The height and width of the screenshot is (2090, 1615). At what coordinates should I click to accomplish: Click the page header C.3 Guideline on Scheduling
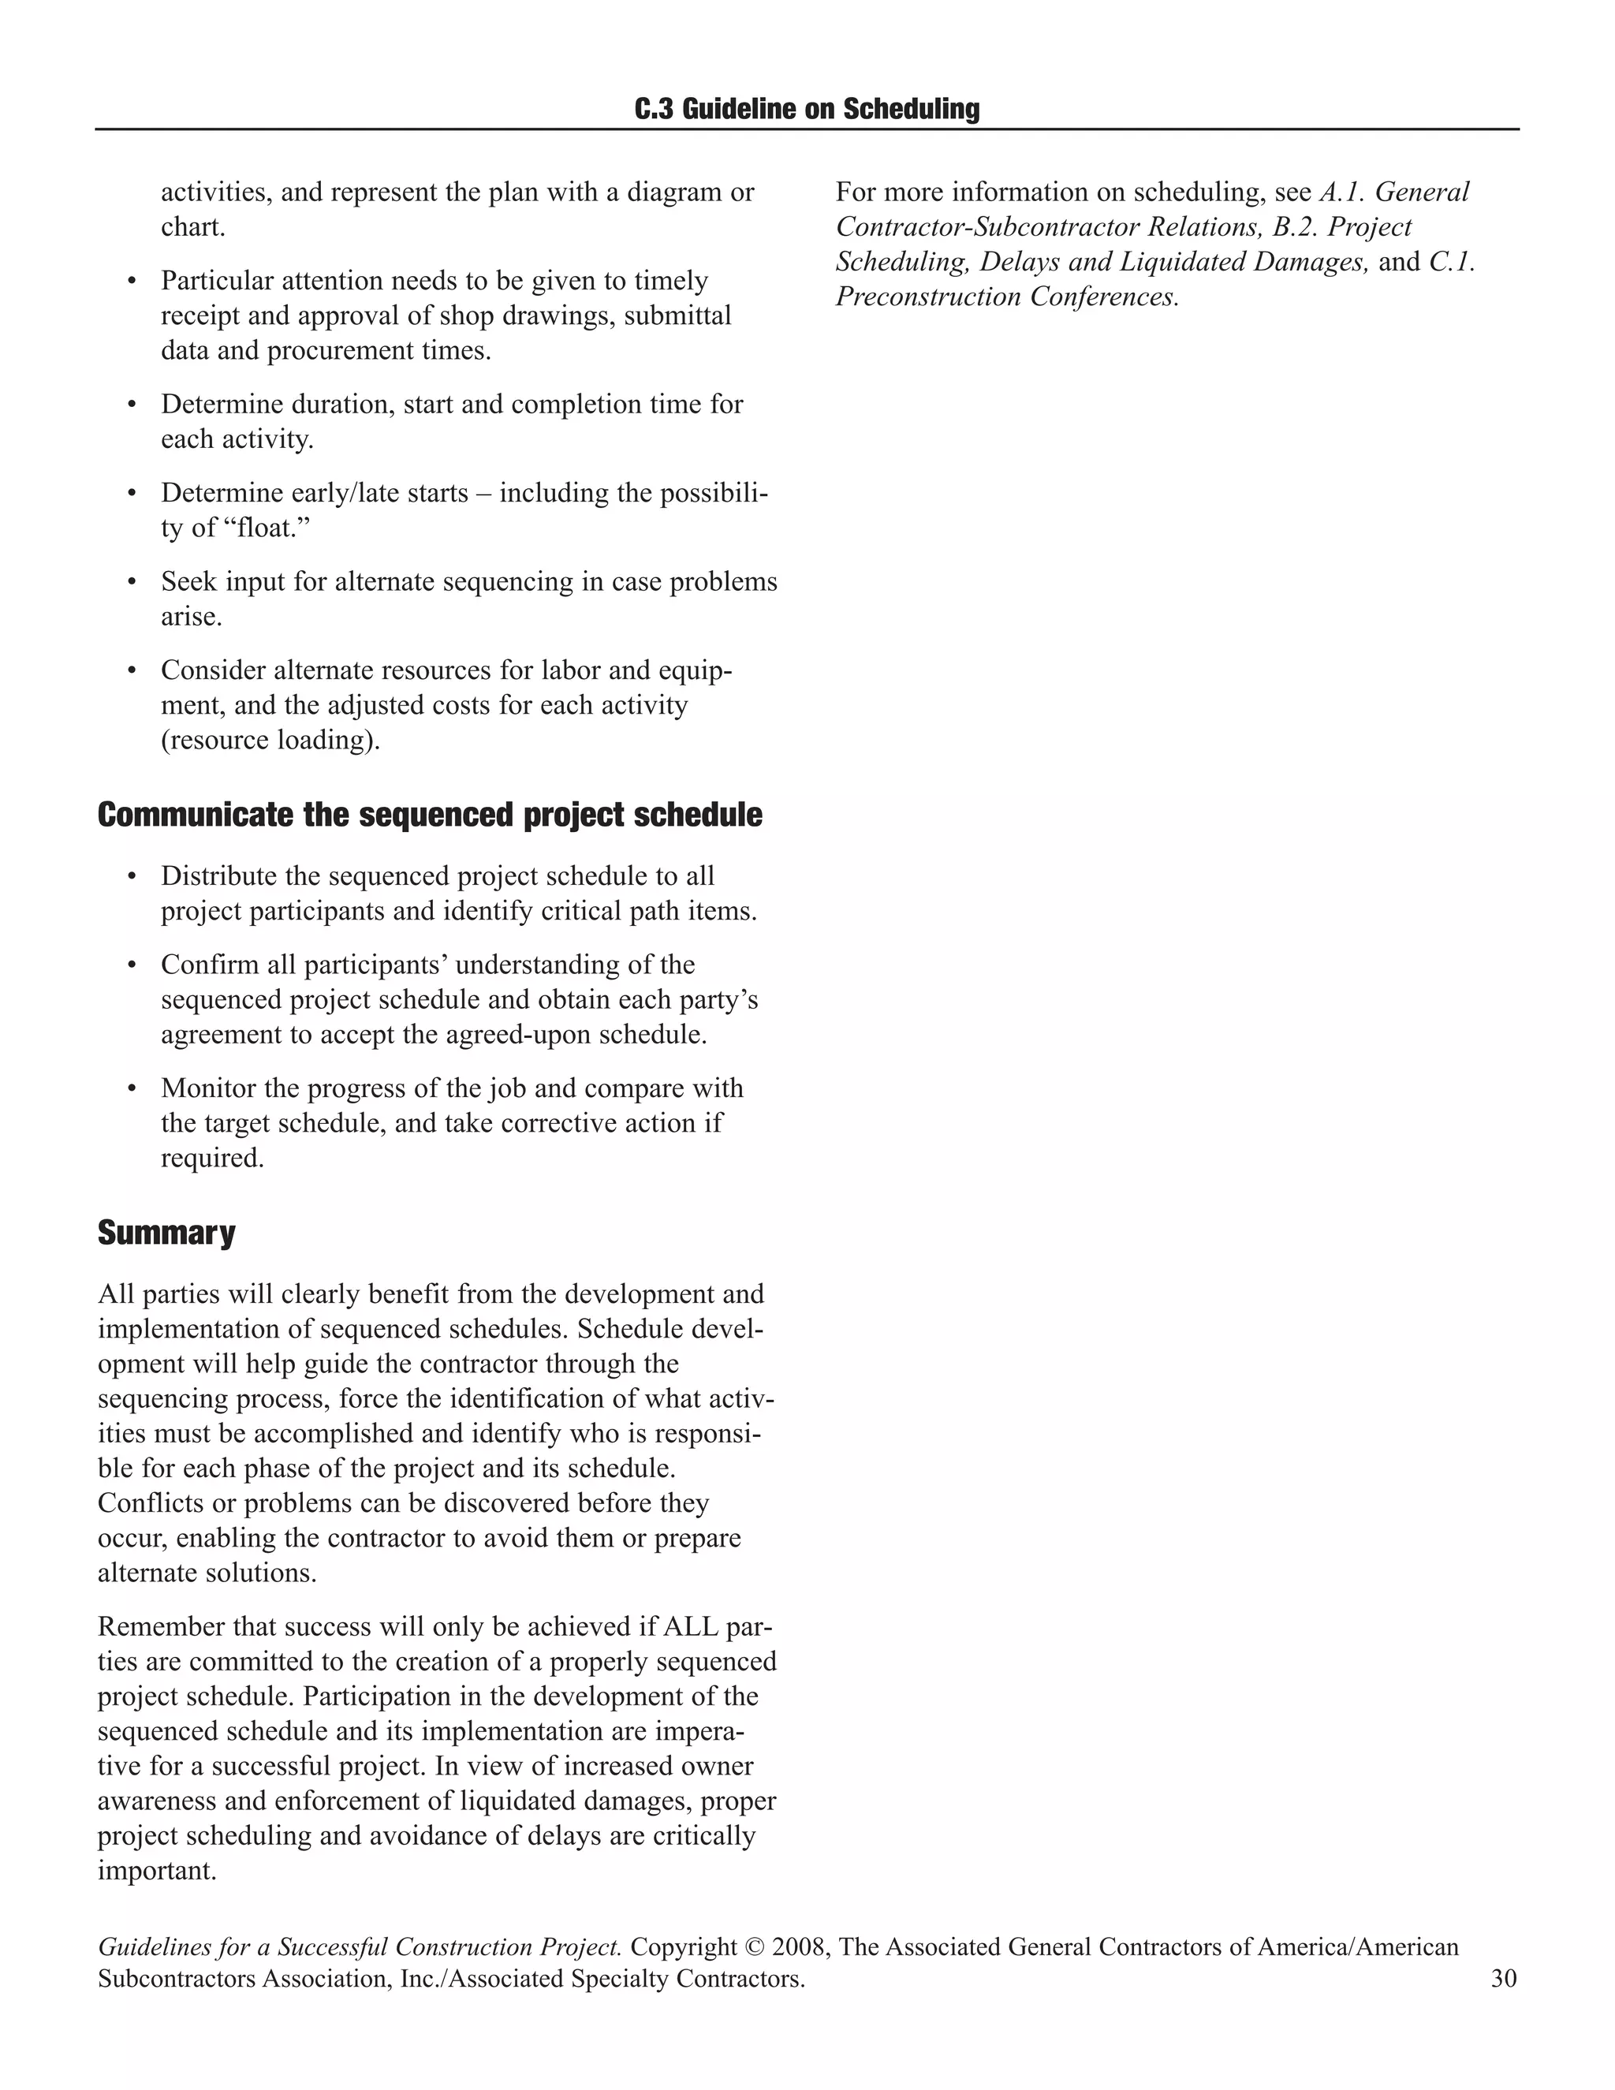tap(807, 109)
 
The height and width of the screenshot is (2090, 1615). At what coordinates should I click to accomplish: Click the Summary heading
tap(166, 1233)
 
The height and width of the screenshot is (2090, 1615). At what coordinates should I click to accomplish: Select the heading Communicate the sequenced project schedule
tap(430, 815)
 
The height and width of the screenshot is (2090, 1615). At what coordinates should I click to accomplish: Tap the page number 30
tap(1503, 1978)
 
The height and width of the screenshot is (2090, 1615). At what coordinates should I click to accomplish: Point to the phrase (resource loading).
tap(270, 741)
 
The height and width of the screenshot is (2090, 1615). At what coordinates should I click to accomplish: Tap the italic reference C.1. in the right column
tap(1452, 262)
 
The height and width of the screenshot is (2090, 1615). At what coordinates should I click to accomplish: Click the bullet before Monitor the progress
tap(133, 1089)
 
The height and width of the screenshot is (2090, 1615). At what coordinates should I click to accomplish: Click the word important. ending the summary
tap(157, 1871)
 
